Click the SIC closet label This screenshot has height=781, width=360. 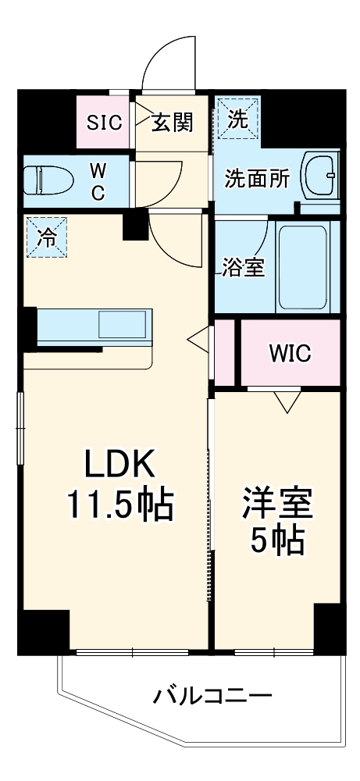[105, 122]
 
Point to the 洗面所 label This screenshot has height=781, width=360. [257, 179]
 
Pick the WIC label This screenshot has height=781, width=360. [290, 353]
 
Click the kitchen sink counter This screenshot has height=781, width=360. [94, 327]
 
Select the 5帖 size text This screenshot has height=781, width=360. [277, 540]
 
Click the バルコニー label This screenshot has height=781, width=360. [212, 695]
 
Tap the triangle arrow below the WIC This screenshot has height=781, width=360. [287, 401]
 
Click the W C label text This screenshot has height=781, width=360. [98, 182]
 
